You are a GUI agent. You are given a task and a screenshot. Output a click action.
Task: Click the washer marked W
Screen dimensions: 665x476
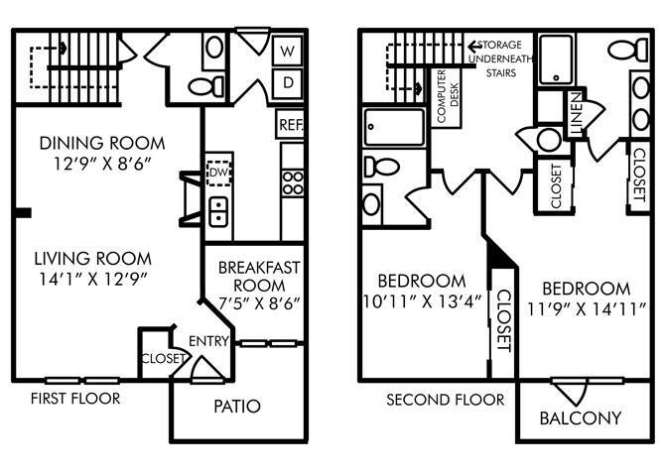point(287,50)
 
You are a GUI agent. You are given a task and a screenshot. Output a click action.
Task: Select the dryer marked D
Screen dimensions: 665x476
point(287,83)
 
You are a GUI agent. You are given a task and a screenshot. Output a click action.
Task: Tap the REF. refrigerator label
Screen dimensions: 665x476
point(290,125)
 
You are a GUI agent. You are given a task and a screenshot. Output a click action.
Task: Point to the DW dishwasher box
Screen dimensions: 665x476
point(219,172)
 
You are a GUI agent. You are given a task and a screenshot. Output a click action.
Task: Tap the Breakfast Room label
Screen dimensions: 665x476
point(260,278)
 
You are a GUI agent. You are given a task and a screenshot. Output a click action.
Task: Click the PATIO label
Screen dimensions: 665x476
point(236,407)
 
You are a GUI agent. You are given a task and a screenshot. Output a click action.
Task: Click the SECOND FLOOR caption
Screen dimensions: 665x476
point(447,400)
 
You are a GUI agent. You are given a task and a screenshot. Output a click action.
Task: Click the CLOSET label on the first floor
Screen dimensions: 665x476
point(159,359)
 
